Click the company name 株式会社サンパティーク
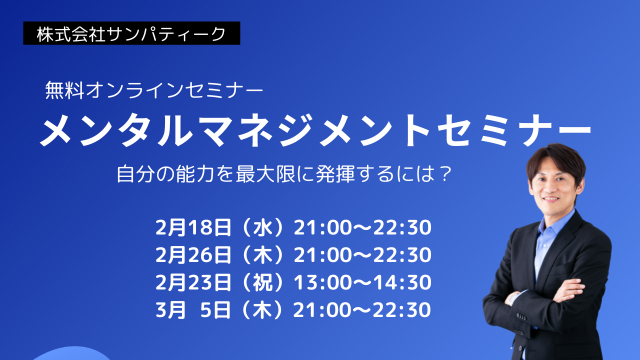131,34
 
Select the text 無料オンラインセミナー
154,90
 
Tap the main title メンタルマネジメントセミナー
315,130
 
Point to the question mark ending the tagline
445,174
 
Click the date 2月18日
193,227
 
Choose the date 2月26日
193,255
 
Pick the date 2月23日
193,282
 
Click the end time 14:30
402,282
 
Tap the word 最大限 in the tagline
265,174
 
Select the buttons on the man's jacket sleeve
521,316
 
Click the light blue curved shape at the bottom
73,354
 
